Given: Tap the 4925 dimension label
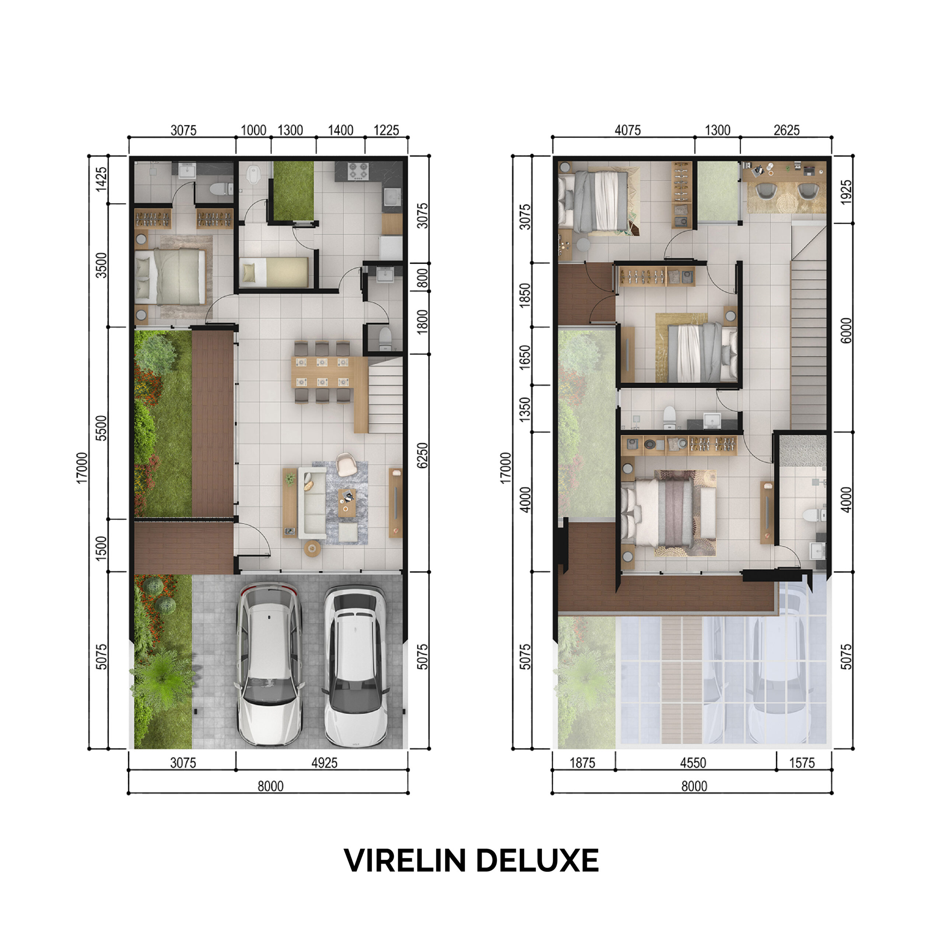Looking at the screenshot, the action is [x=325, y=763].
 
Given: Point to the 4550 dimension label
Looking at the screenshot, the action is [x=693, y=763].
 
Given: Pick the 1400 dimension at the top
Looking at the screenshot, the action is [x=341, y=130].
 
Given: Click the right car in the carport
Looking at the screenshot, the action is [x=356, y=666].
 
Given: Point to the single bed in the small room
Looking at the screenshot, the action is [x=274, y=272].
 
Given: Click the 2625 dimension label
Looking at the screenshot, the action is [x=786, y=130].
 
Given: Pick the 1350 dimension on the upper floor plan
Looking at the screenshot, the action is [x=524, y=409].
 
